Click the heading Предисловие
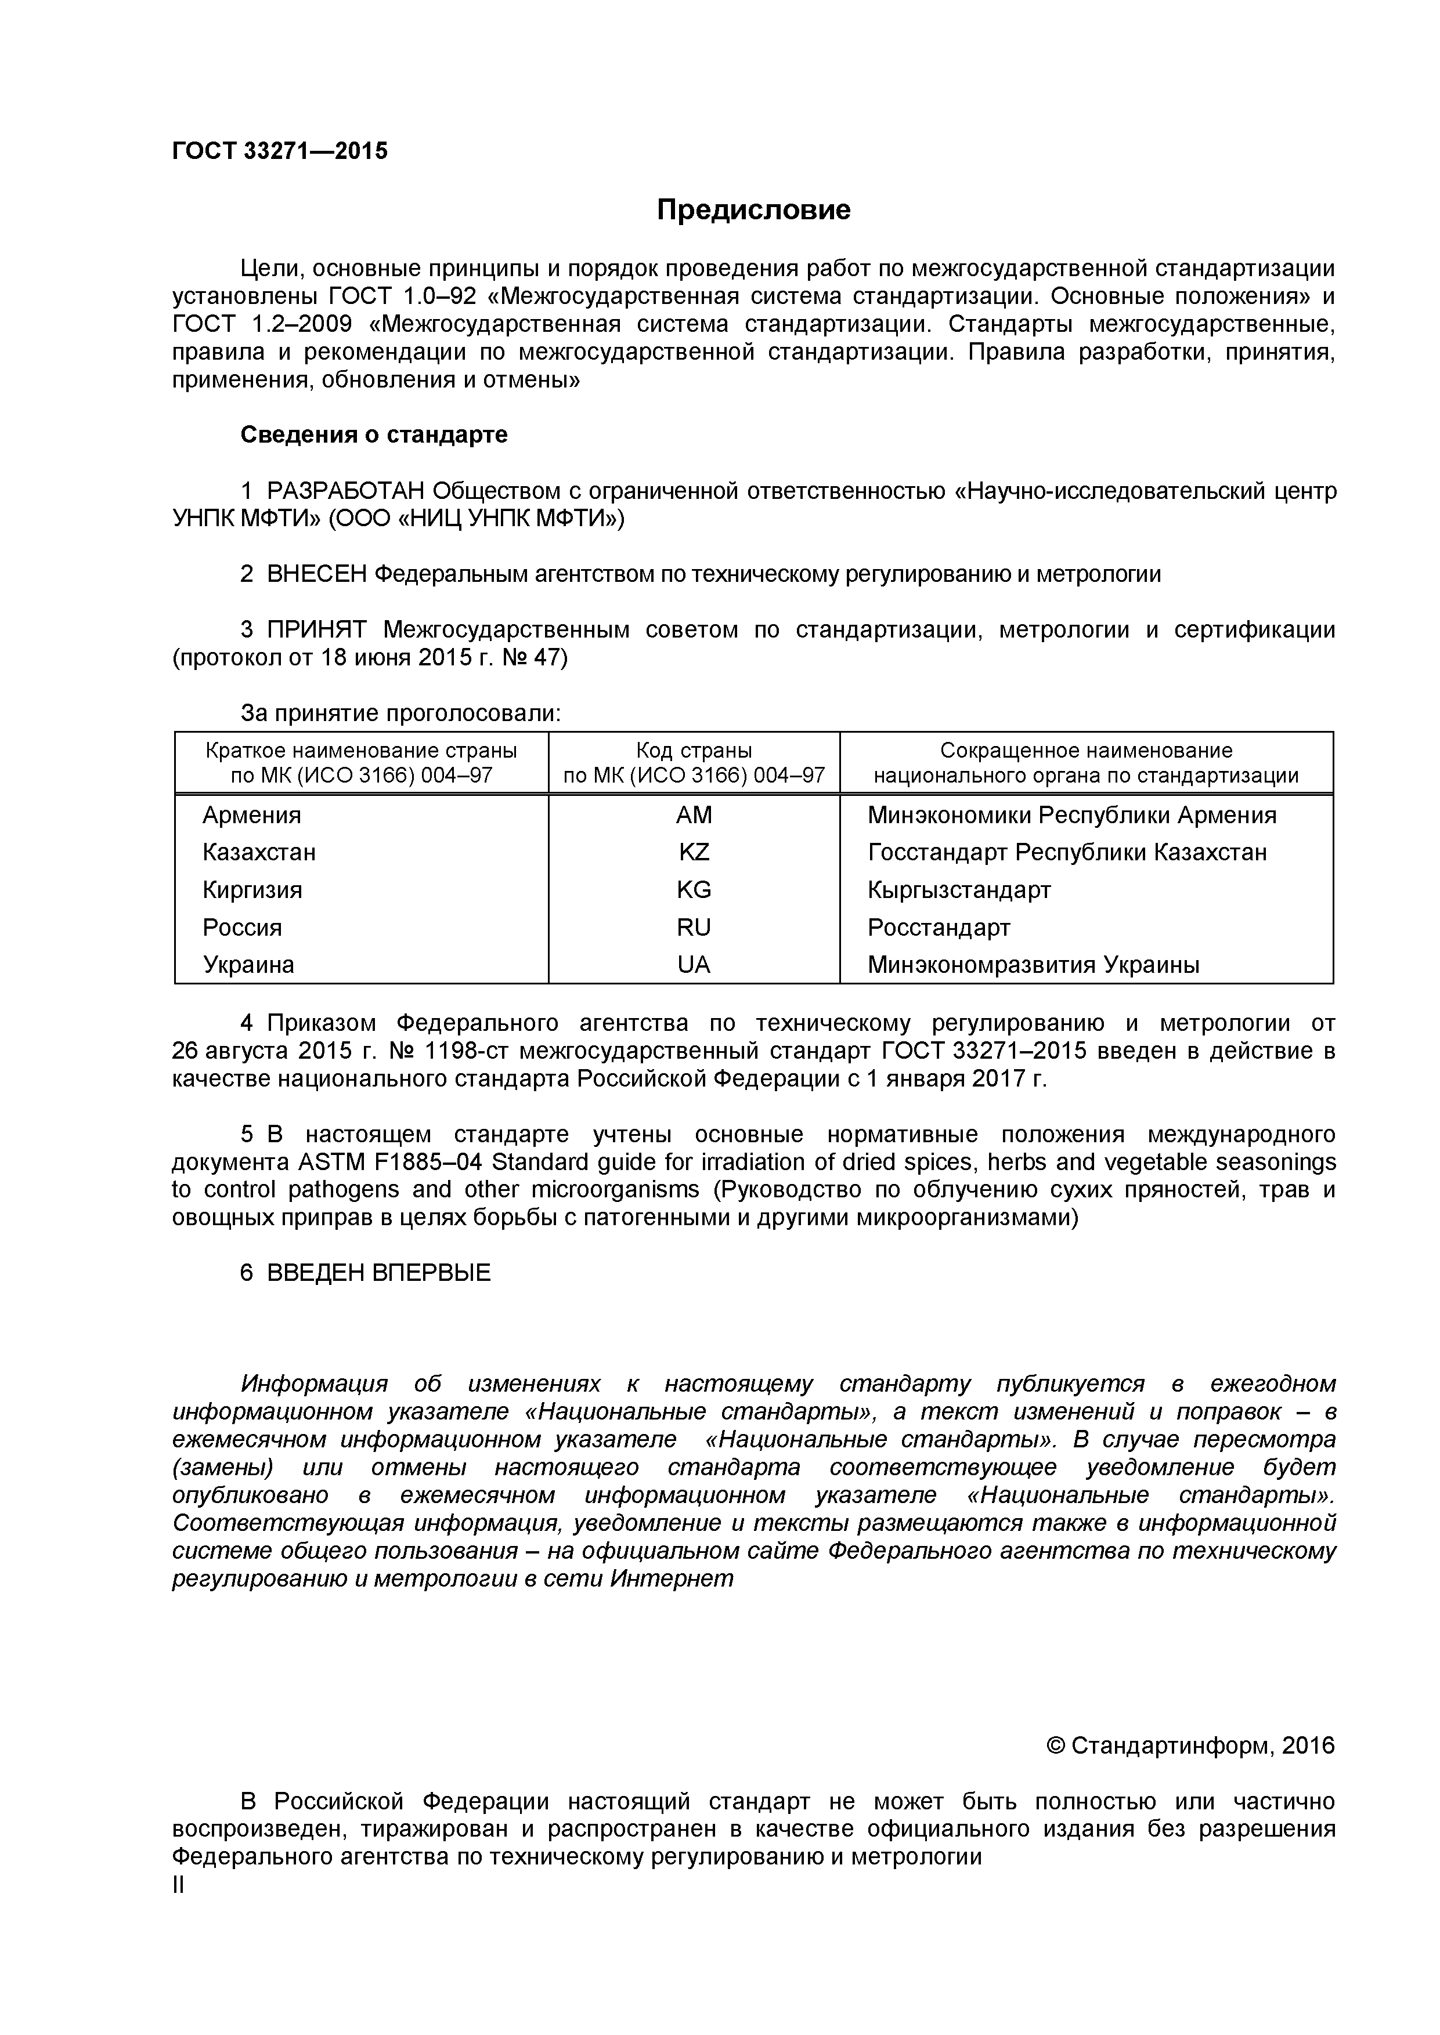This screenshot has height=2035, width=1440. (x=753, y=209)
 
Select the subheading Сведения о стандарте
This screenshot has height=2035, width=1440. (x=373, y=434)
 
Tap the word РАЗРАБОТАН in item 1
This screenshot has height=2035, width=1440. (x=345, y=490)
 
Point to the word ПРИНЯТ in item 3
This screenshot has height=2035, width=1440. (x=316, y=630)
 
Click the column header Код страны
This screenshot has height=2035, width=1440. (x=694, y=751)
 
